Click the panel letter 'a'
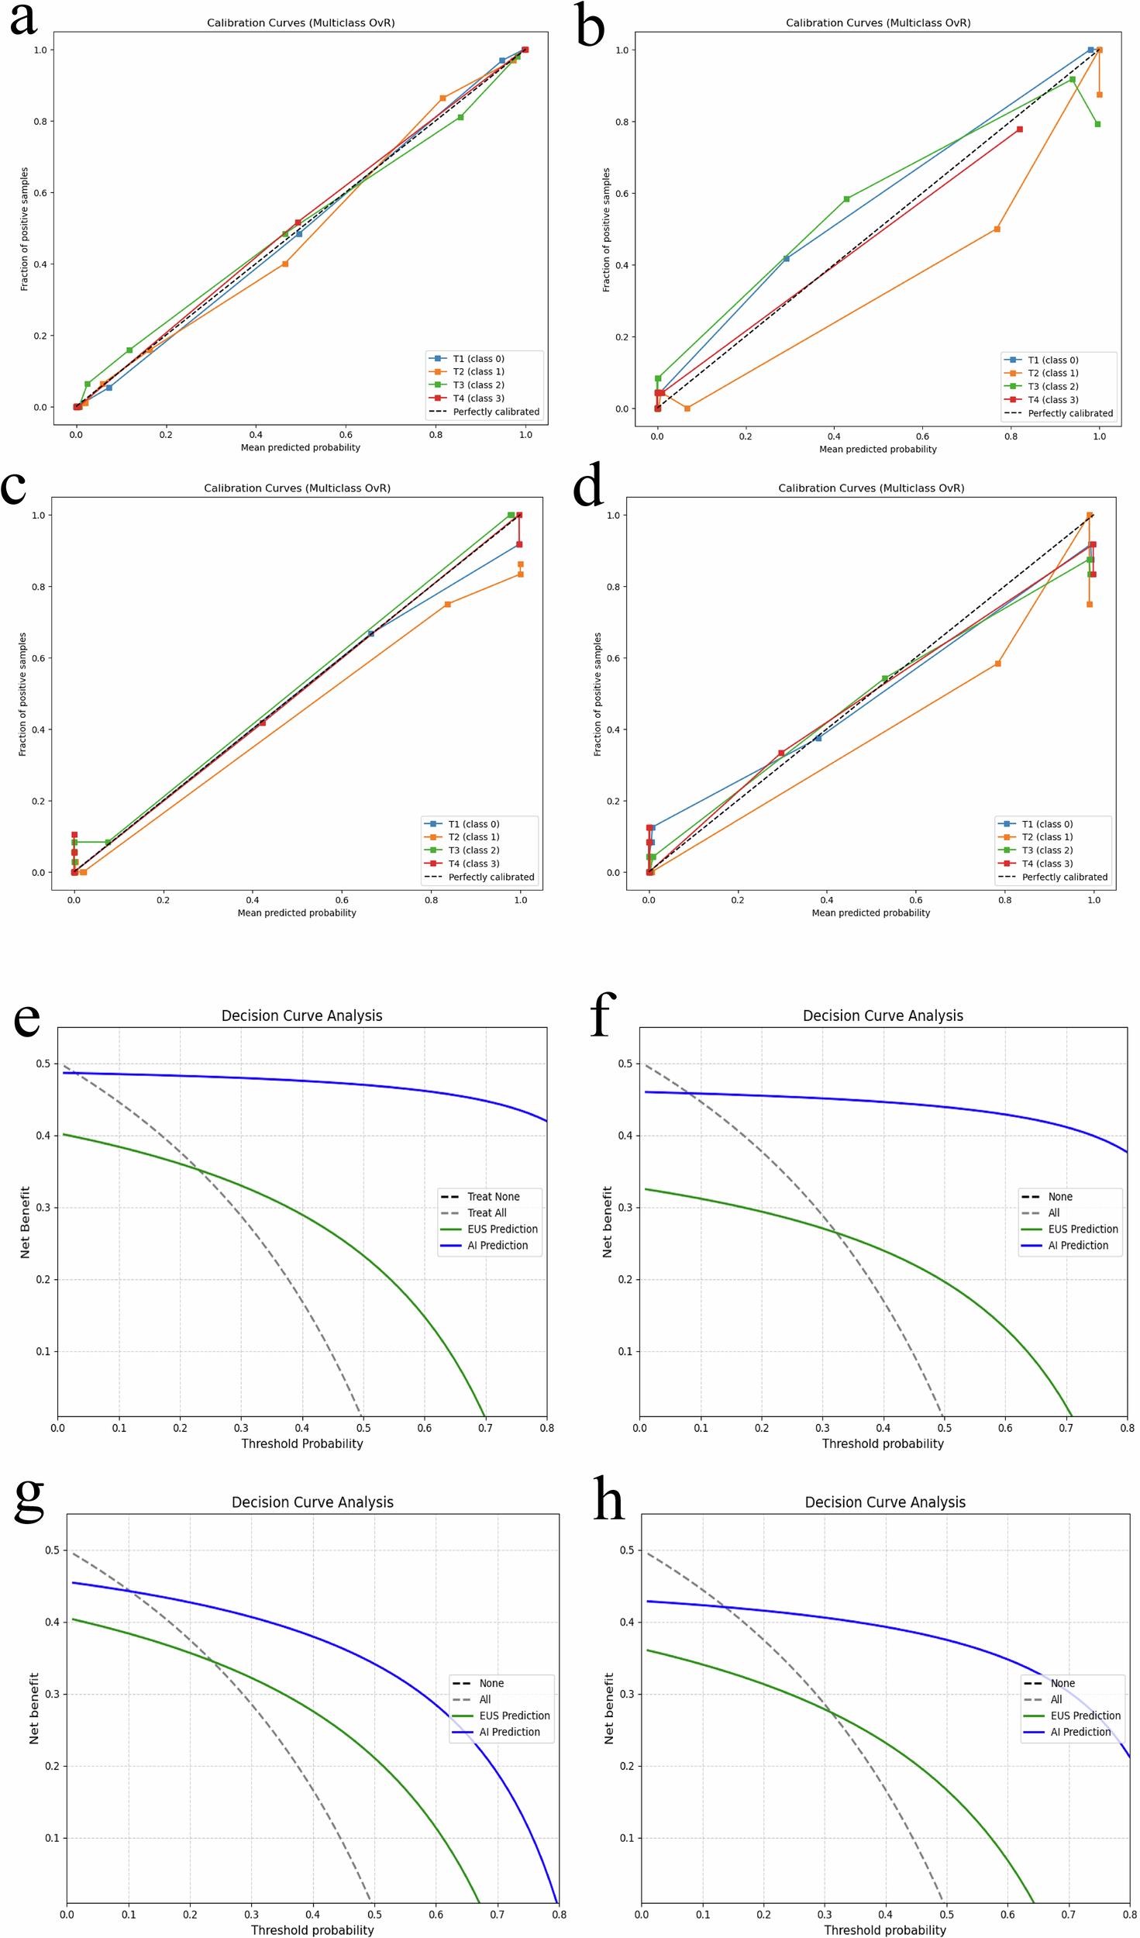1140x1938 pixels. pos(23,19)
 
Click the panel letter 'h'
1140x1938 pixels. pos(608,1499)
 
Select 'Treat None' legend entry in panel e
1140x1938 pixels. pos(493,1197)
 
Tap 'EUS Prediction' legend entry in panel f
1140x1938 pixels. pos(1083,1229)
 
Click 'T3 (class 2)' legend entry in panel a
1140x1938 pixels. pos(478,385)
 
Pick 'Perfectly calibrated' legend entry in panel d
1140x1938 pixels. pos(1064,878)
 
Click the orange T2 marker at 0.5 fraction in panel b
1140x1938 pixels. pos(997,229)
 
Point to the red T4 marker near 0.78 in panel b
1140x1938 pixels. pos(1019,129)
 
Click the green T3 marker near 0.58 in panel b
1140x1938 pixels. pos(846,199)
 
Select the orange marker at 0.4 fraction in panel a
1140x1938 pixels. pos(285,264)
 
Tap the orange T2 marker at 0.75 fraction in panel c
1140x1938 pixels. pos(448,605)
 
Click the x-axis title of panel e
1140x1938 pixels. pos(301,1444)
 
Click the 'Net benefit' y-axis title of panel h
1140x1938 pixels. pos(608,1709)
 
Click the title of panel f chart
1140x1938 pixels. pos(883,1016)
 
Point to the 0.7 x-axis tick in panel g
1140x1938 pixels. pos(498,1915)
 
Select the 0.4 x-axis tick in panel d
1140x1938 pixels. pos(827,900)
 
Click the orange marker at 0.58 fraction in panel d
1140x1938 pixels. pos(997,664)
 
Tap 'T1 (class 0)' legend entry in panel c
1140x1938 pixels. pos(474,824)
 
